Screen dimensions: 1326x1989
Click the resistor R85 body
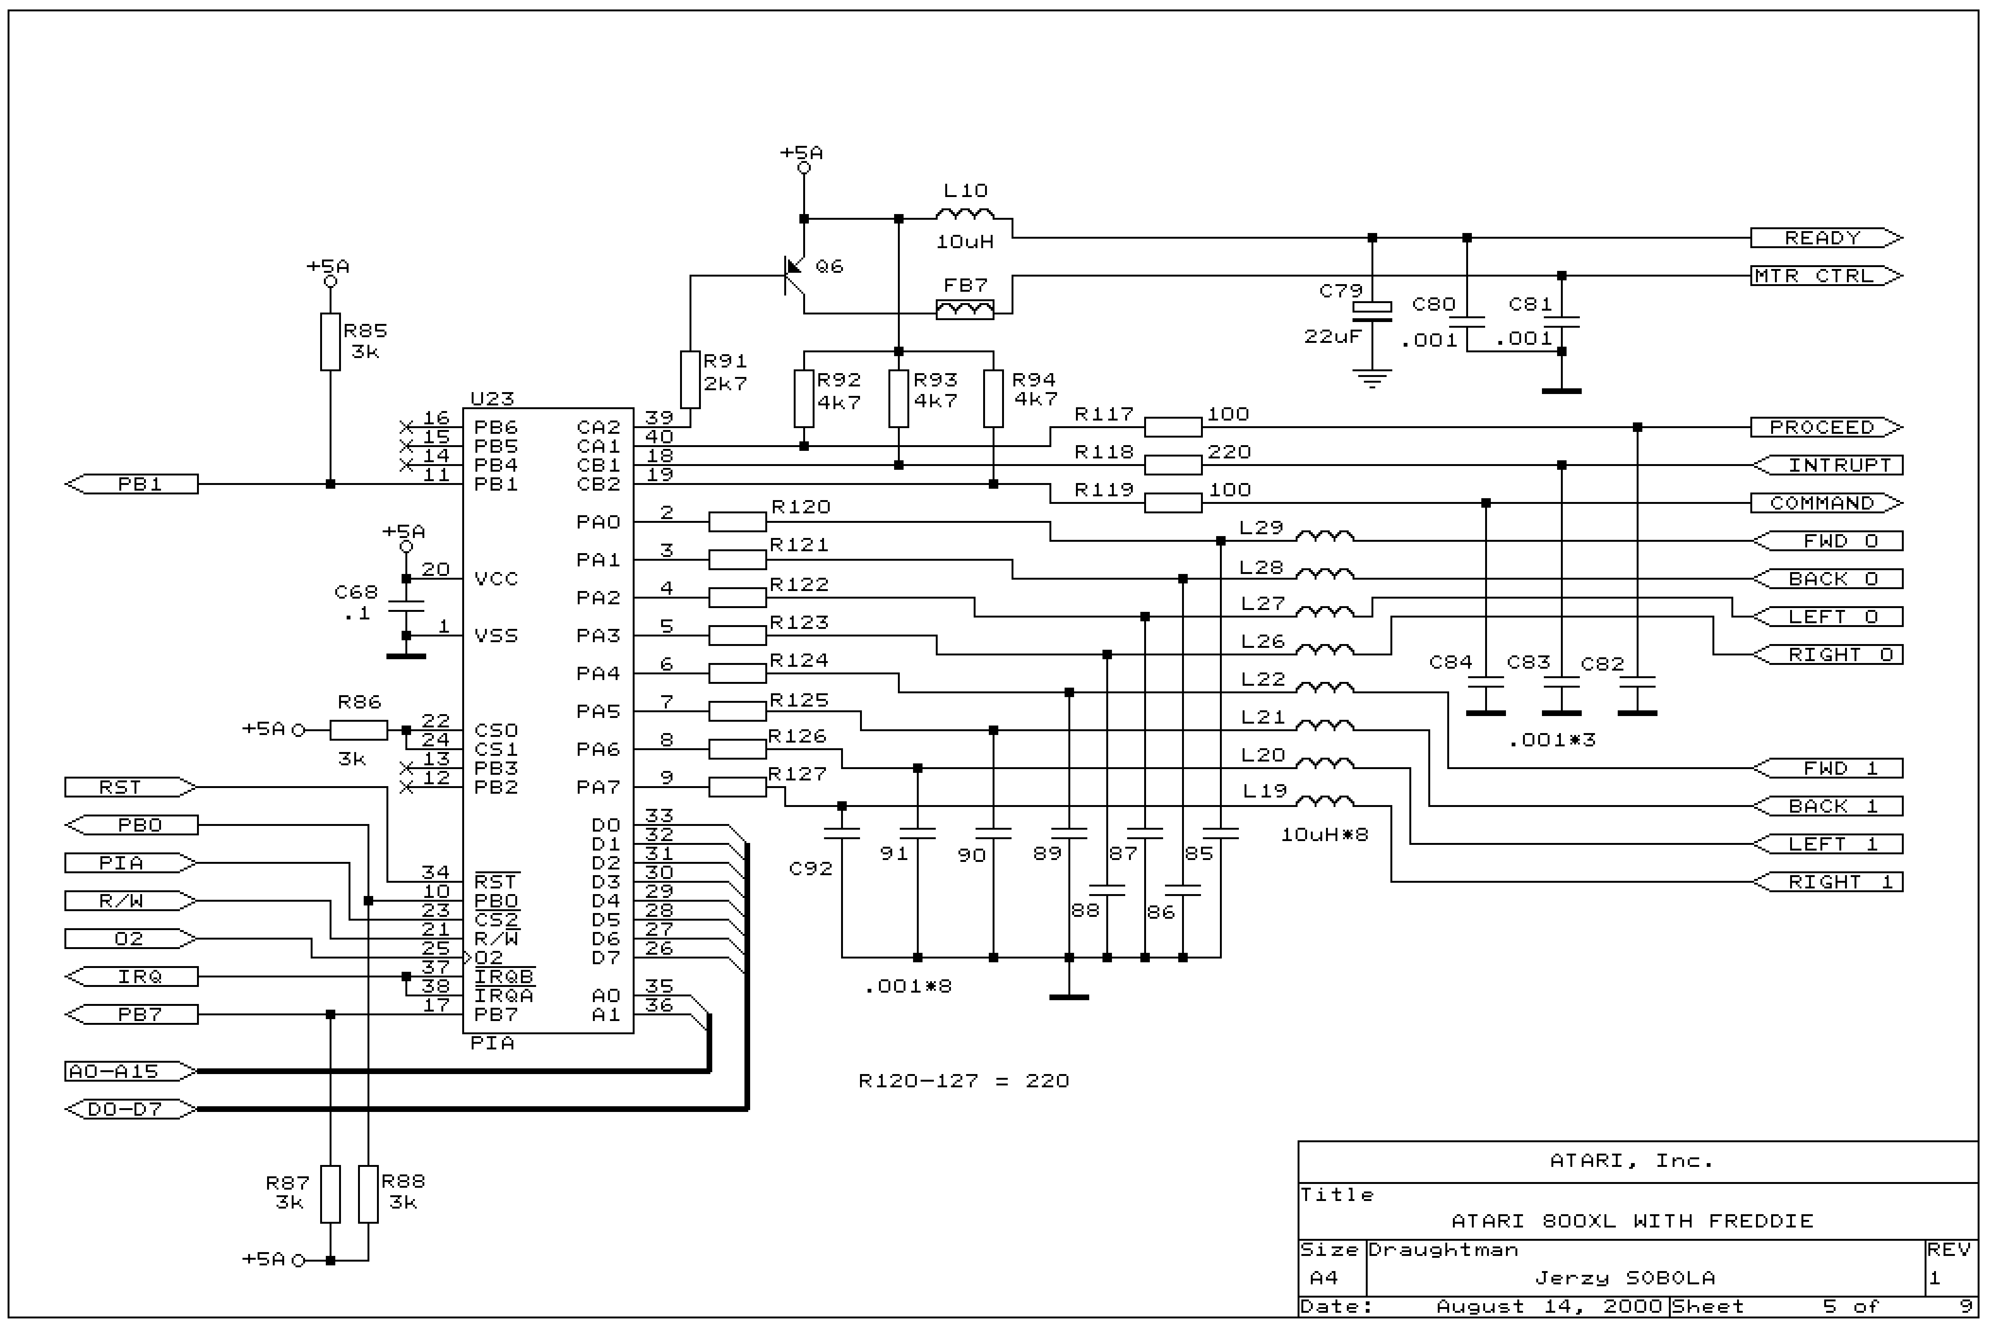[x=330, y=341]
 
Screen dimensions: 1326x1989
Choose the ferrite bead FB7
[x=965, y=310]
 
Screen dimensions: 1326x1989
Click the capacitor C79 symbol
[x=1371, y=311]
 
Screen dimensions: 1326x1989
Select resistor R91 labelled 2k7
[x=690, y=380]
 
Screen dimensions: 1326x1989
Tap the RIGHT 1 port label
[x=1828, y=882]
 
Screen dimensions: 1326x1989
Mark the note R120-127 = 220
[x=963, y=1081]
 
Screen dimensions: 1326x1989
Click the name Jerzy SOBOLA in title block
[x=1624, y=1278]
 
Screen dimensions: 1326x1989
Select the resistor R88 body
[x=368, y=1194]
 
